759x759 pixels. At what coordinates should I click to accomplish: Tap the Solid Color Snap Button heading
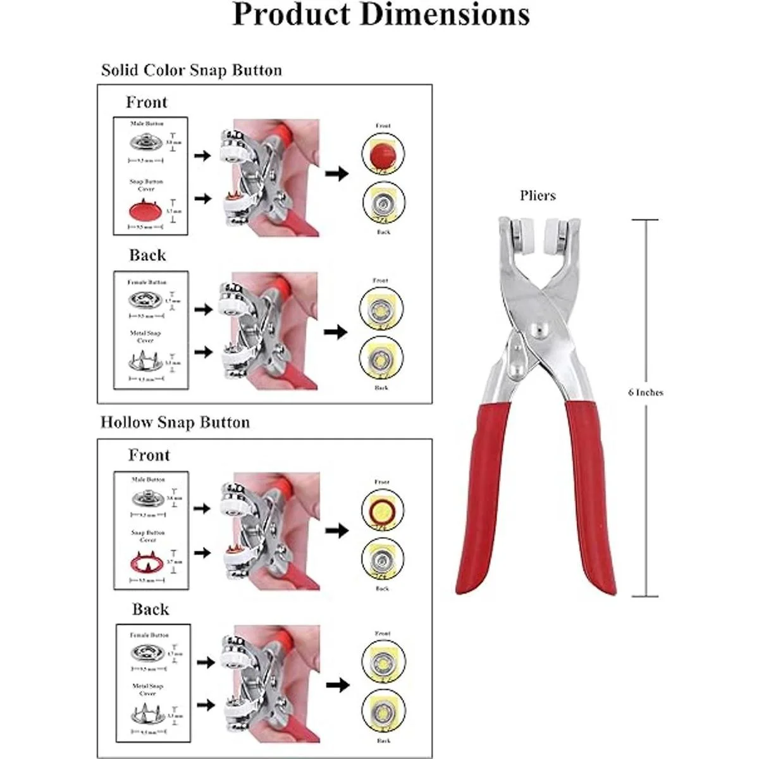191,70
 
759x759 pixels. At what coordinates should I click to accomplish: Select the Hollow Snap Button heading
175,422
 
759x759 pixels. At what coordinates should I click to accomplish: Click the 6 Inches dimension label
646,392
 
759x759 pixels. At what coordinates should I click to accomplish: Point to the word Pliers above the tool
538,195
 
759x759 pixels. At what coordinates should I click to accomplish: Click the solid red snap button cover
146,209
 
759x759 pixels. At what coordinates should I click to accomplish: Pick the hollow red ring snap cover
147,560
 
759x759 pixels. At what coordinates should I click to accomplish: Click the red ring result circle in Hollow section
383,509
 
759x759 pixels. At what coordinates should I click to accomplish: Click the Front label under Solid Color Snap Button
147,102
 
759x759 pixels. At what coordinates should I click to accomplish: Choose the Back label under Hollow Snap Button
151,609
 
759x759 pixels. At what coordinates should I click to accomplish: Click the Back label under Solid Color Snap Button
147,256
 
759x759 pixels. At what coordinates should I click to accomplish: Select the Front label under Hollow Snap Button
149,455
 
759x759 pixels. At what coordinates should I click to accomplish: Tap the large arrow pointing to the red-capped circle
336,173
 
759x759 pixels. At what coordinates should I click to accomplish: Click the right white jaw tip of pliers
557,230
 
